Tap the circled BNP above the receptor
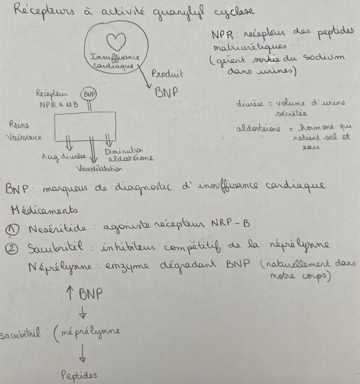89,95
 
